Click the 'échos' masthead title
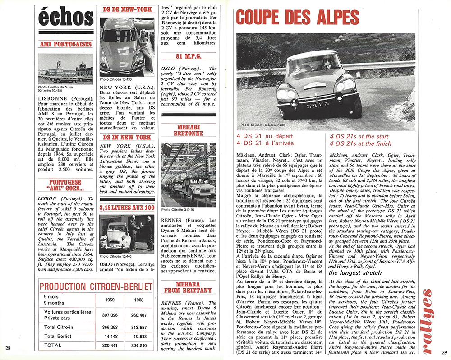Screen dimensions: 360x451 (66, 18)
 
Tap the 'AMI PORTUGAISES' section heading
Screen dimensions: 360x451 (65, 45)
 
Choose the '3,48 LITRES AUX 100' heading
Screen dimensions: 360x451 (126, 208)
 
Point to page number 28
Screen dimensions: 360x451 (9, 347)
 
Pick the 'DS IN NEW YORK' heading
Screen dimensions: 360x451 (126, 137)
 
